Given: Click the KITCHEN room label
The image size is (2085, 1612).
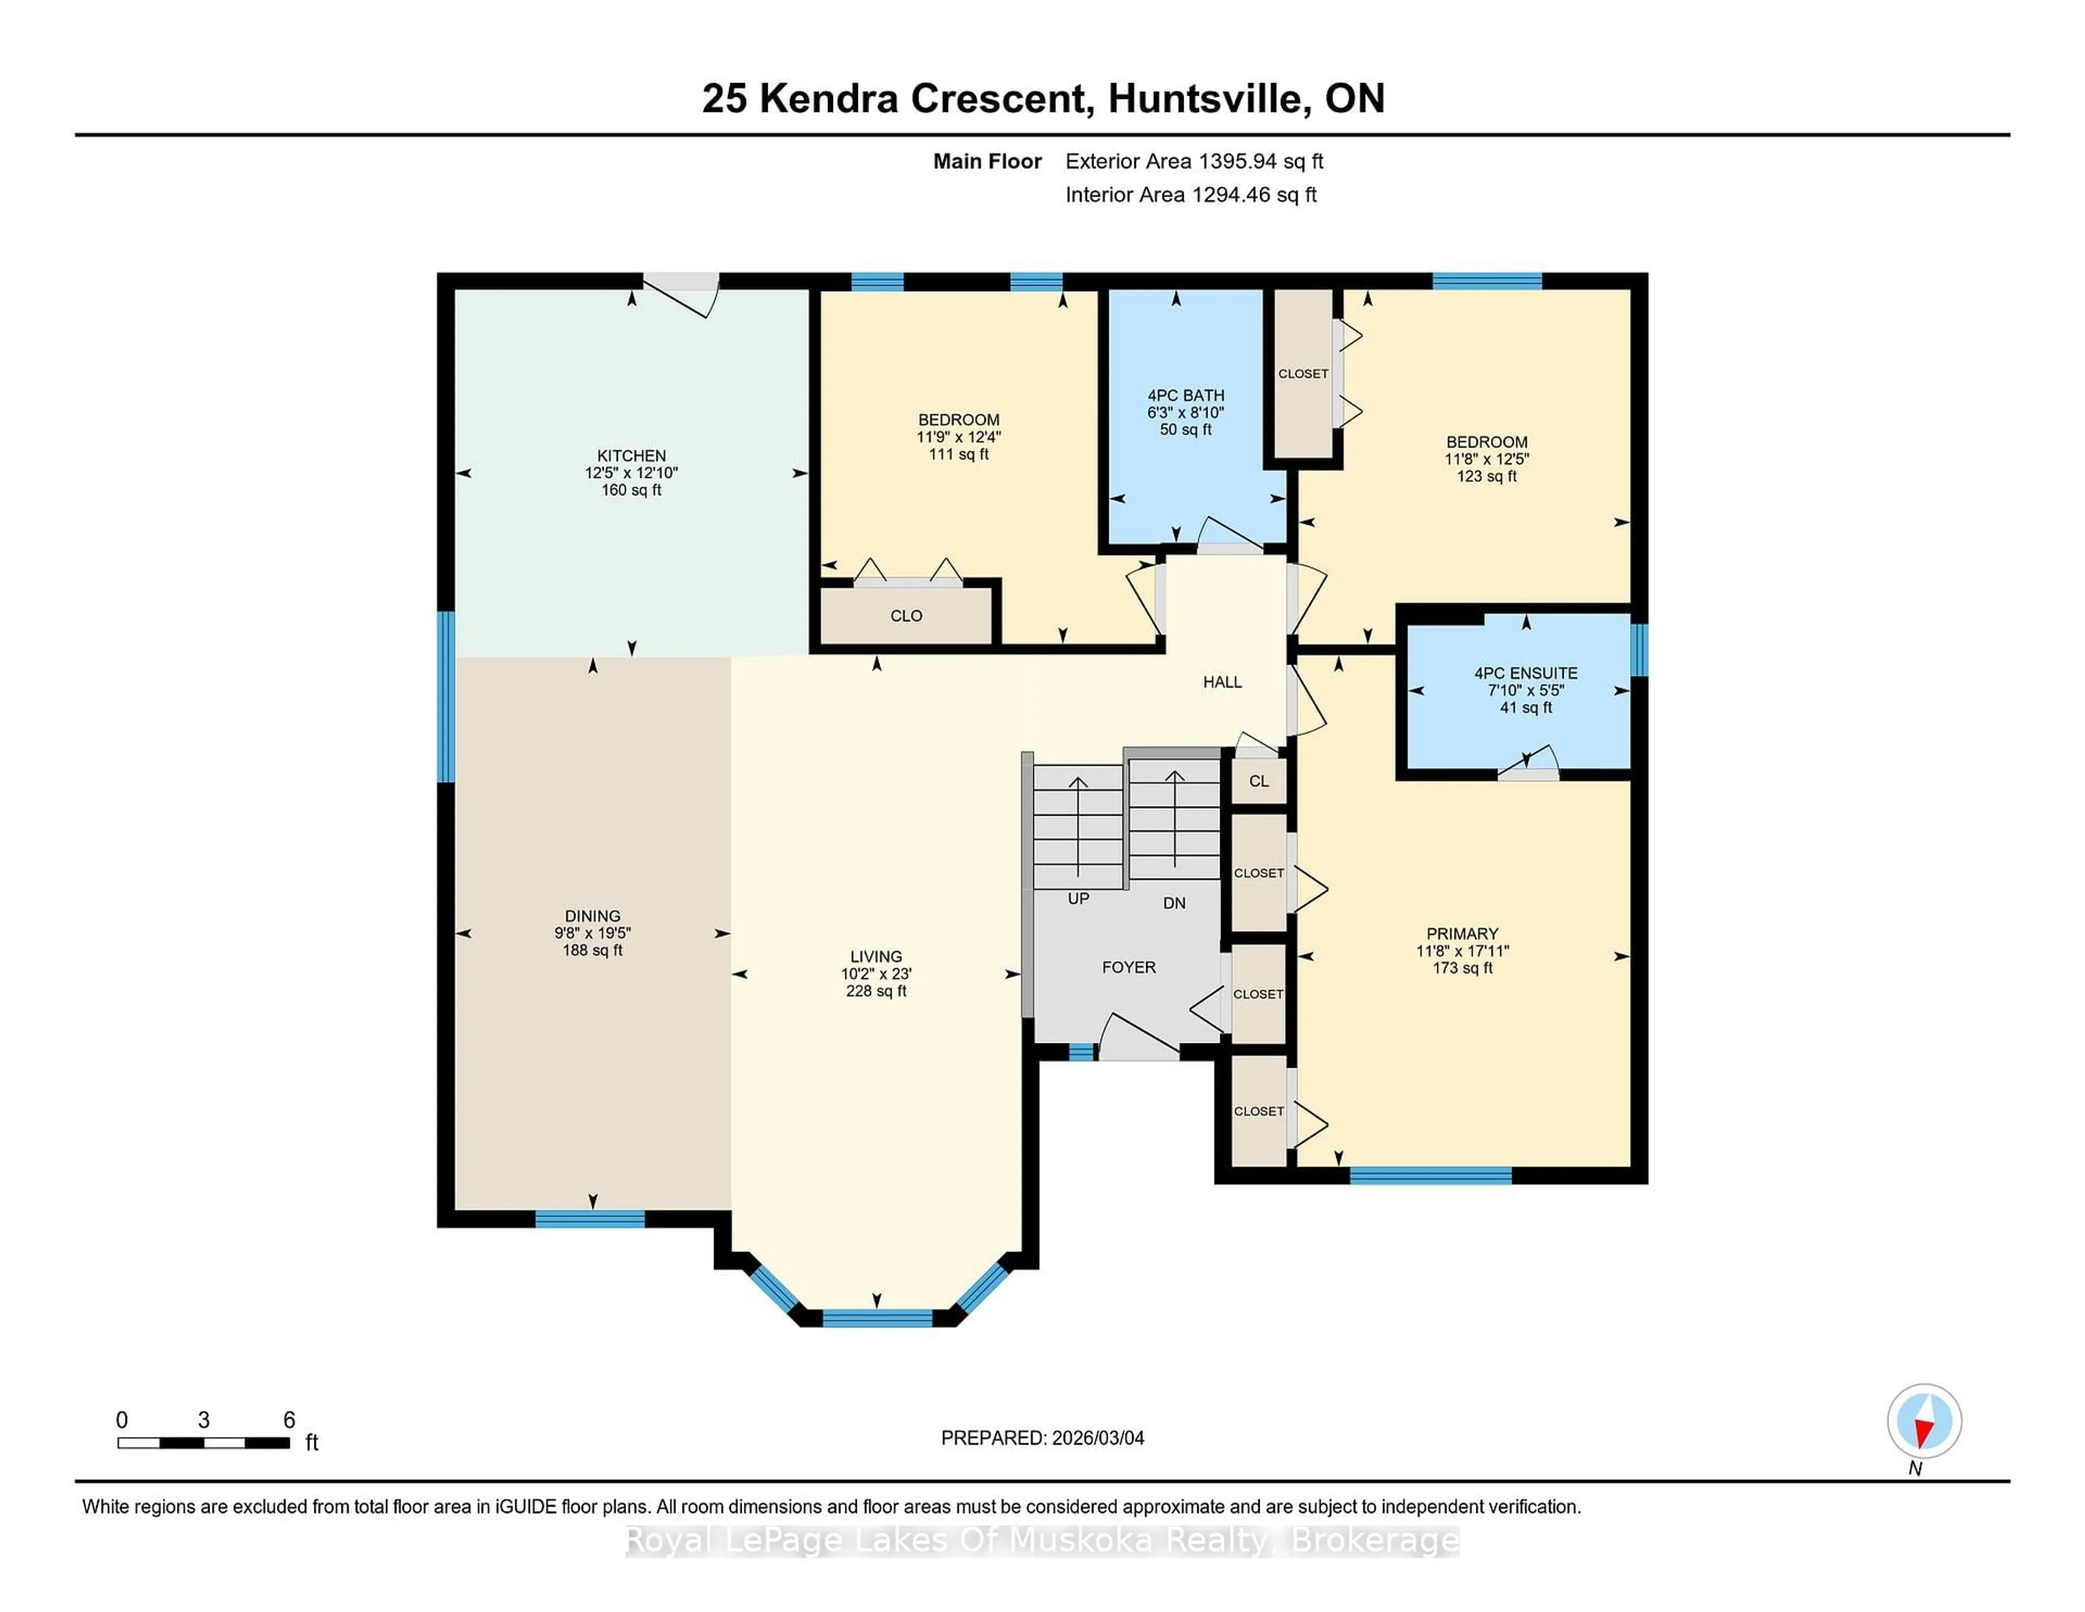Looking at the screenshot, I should (x=631, y=456).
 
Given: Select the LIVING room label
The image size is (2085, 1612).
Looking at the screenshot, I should (x=875, y=956).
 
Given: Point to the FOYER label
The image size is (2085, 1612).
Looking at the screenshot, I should (x=1128, y=967).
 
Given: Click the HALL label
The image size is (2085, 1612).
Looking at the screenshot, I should (x=1222, y=682).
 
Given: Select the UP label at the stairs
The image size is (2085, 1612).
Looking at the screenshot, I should (x=1078, y=899).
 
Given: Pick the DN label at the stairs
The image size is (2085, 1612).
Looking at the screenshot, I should (x=1174, y=903).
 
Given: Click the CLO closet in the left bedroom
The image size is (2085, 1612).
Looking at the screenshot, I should (x=906, y=616).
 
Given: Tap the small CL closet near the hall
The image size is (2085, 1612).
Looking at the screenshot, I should (x=1258, y=781).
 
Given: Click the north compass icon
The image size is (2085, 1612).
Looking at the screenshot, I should (x=1924, y=1421).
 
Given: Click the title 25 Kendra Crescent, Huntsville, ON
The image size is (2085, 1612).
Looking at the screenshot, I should (x=1042, y=98).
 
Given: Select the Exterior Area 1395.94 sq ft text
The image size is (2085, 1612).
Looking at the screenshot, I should (x=1193, y=161).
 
